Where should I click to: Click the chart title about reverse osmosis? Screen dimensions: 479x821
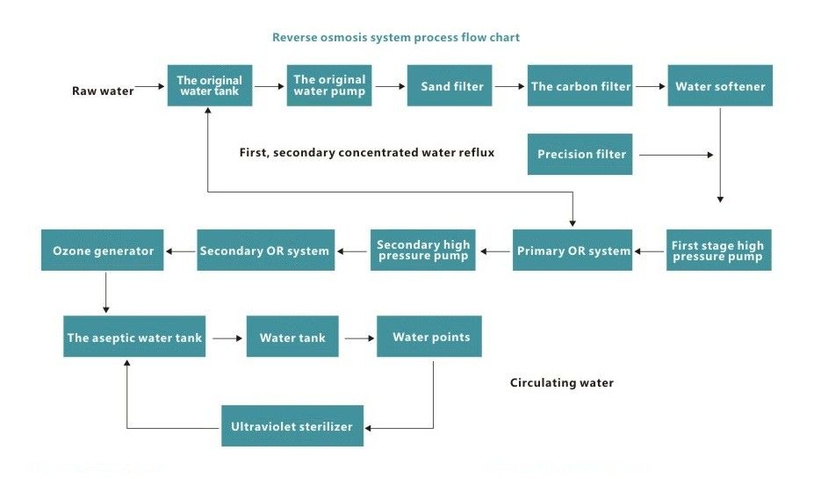pyautogui.click(x=395, y=38)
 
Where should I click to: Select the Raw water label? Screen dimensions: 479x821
pyautogui.click(x=103, y=91)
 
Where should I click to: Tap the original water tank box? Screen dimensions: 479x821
pyautogui.click(x=210, y=86)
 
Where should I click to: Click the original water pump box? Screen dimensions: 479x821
pyautogui.click(x=328, y=86)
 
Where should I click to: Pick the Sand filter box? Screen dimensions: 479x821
pyautogui.click(x=449, y=86)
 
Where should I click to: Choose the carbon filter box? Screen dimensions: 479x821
pyautogui.click(x=580, y=86)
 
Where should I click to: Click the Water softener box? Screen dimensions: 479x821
pyautogui.click(x=720, y=86)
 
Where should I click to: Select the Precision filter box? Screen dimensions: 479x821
pyautogui.click(x=580, y=155)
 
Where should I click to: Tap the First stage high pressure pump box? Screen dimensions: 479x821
pyautogui.click(x=718, y=250)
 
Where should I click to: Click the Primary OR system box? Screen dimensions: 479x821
pyautogui.click(x=573, y=250)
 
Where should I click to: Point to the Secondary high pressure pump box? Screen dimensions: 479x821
pyautogui.click(x=423, y=250)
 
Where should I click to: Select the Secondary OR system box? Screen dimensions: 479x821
pyautogui.click(x=264, y=250)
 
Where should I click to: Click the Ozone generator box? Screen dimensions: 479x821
pyautogui.click(x=103, y=250)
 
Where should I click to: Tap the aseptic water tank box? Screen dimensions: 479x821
pyautogui.click(x=134, y=337)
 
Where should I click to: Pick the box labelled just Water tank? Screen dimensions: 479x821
pyautogui.click(x=292, y=337)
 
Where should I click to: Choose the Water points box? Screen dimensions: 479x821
pyautogui.click(x=429, y=337)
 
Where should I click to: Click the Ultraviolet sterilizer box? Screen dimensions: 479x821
pyautogui.click(x=292, y=427)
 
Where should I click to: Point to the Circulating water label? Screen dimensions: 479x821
pyautogui.click(x=562, y=383)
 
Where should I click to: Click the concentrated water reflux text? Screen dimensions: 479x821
pyautogui.click(x=367, y=153)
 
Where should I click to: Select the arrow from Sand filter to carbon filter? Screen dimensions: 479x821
pyautogui.click(x=508, y=86)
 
